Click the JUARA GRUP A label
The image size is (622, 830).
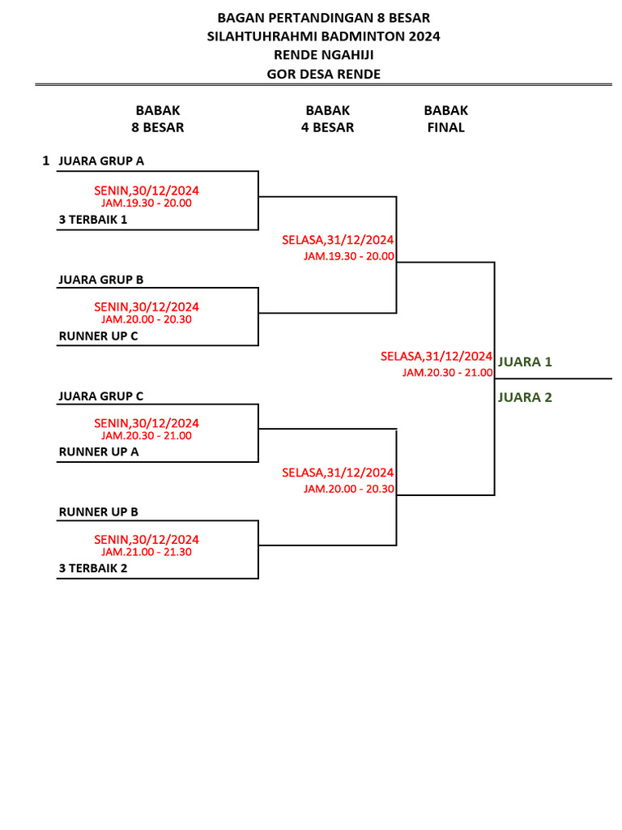[x=101, y=161]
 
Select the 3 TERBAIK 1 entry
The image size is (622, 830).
[x=93, y=219]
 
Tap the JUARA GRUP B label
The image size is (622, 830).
[x=100, y=280]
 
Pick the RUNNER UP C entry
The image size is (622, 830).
[x=98, y=336]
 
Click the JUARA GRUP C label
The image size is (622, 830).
[x=100, y=396]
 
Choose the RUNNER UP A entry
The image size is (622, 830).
[x=98, y=451]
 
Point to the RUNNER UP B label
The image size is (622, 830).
[x=98, y=511]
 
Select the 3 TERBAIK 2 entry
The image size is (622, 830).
[x=93, y=568]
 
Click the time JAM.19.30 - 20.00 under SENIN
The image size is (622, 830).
[x=147, y=203]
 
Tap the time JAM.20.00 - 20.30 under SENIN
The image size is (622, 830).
[x=147, y=319]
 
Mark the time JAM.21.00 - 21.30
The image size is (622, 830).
[x=147, y=552]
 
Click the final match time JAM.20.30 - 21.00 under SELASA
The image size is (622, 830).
[x=447, y=373]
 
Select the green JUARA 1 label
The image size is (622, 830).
[x=525, y=362]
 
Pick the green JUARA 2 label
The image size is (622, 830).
[x=525, y=397]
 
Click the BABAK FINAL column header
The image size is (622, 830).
[x=445, y=119]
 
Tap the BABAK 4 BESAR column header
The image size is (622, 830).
[x=327, y=119]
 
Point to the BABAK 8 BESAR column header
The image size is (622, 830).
[x=158, y=119]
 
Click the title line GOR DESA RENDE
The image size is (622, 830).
[x=324, y=75]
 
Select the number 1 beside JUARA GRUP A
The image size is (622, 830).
[x=46, y=161]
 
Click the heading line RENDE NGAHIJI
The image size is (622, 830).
[x=324, y=55]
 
